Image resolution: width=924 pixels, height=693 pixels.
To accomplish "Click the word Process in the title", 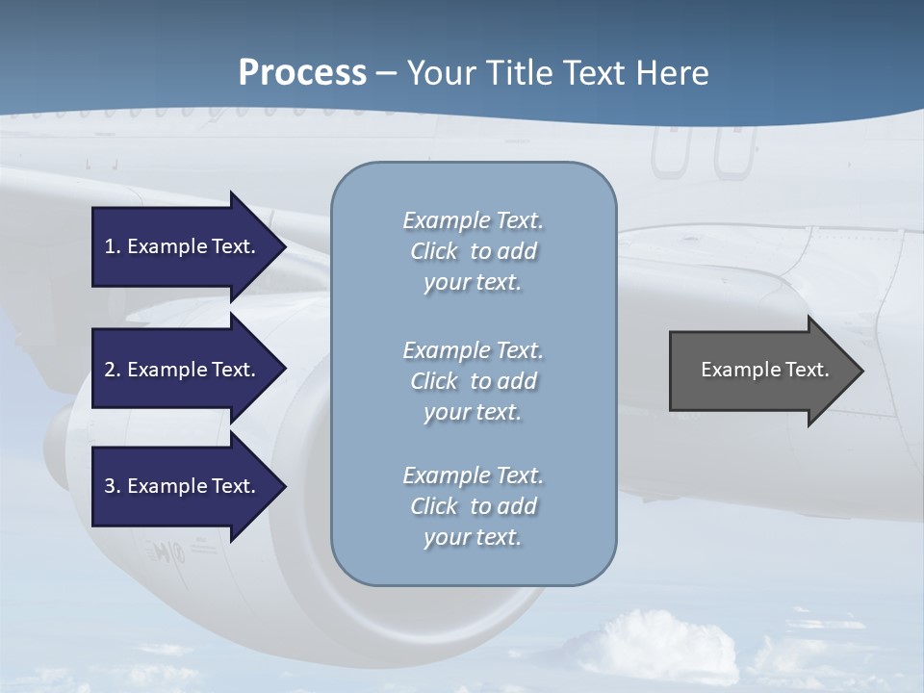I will (302, 73).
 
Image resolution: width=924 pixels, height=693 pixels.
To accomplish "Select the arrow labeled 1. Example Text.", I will (183, 246).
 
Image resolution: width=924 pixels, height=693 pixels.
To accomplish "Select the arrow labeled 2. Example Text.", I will (183, 370).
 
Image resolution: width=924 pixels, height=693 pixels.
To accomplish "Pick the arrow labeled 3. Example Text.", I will (183, 486).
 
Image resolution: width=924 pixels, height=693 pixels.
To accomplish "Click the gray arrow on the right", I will (760, 371).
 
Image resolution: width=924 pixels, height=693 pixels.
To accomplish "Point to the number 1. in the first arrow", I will (113, 246).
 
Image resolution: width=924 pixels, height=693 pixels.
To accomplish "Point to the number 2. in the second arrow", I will (113, 370).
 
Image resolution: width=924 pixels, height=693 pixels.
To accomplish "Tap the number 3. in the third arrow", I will (113, 486).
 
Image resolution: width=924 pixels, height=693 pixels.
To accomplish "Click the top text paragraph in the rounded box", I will (473, 251).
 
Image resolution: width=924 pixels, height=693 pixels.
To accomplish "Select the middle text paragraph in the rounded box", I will (473, 381).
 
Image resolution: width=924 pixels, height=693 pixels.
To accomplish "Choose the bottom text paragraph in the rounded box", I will (473, 506).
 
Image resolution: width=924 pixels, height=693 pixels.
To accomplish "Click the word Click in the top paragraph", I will (434, 251).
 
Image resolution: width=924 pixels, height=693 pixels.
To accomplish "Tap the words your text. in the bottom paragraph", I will (473, 537).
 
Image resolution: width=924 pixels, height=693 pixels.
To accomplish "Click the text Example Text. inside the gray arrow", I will (764, 370).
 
